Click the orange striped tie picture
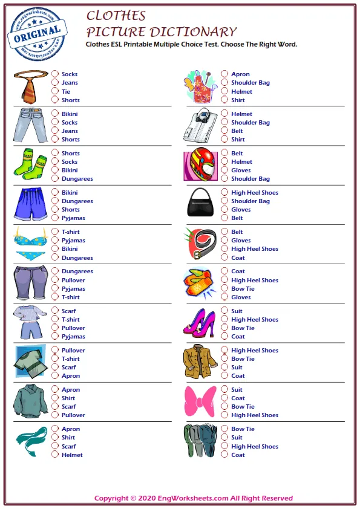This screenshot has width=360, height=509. click(29, 86)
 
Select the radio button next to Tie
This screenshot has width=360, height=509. click(55, 92)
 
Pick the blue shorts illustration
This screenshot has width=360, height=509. click(29, 204)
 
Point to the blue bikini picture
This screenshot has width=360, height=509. click(30, 244)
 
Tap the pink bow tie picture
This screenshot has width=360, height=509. click(199, 401)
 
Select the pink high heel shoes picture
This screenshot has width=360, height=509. click(199, 323)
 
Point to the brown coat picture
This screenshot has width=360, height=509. click(199, 362)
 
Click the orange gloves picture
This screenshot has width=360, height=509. click(199, 284)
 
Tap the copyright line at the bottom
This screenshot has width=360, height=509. click(194, 498)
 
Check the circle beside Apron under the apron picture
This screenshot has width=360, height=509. click(224, 74)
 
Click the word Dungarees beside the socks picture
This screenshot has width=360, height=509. click(77, 179)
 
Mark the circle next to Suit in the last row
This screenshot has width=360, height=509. click(224, 438)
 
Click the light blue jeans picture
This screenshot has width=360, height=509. click(29, 126)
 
